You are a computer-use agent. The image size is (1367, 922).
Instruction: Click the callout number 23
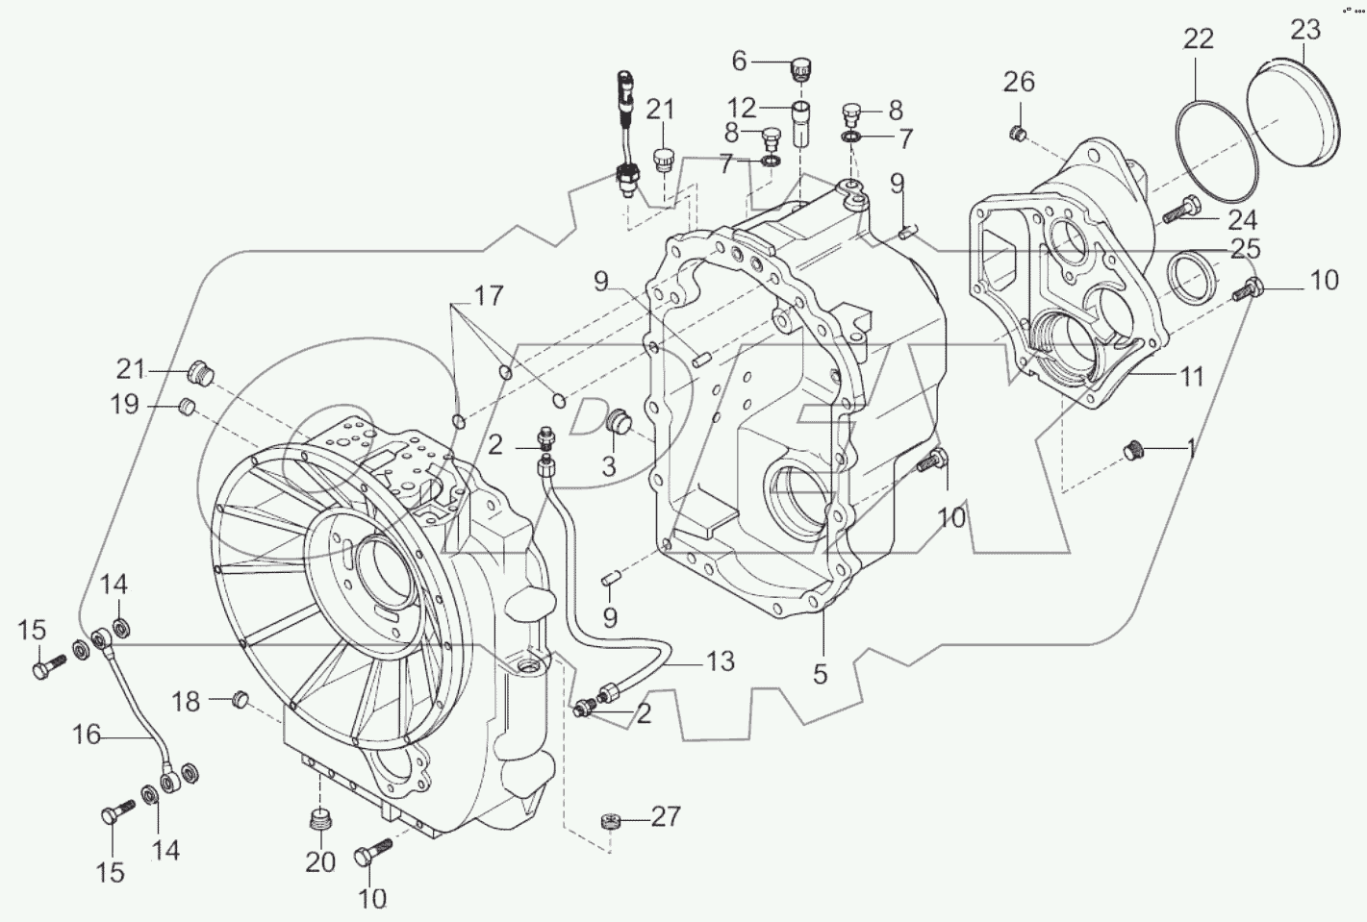pyautogui.click(x=1305, y=30)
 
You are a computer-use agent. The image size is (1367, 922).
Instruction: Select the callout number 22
pyautogui.click(x=1199, y=38)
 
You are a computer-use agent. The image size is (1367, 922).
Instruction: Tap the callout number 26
pyautogui.click(x=1019, y=82)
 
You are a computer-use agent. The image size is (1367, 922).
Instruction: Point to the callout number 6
pyautogui.click(x=739, y=62)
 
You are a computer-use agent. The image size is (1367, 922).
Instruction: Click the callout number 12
pyautogui.click(x=742, y=108)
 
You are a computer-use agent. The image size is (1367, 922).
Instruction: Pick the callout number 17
pyautogui.click(x=488, y=296)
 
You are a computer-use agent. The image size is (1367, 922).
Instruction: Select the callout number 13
pyautogui.click(x=720, y=660)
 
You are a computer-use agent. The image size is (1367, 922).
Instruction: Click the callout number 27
pyautogui.click(x=666, y=816)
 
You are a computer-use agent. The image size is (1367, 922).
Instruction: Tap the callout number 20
pyautogui.click(x=320, y=861)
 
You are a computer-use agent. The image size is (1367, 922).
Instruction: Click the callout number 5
pyautogui.click(x=820, y=674)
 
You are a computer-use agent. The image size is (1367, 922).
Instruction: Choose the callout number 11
pyautogui.click(x=1192, y=376)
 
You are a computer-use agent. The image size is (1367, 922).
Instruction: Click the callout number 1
pyautogui.click(x=1191, y=446)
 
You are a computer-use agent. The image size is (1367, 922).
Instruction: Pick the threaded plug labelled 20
pyautogui.click(x=317, y=821)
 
